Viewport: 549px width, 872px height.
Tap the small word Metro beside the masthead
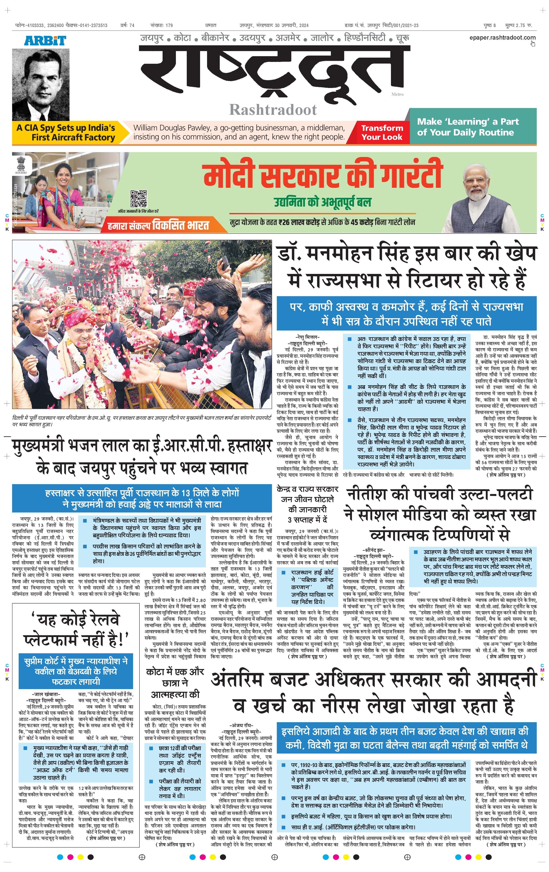pyautogui.click(x=397, y=94)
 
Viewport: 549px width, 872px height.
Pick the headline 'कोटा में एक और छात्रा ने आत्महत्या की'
pyautogui.click(x=175, y=683)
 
